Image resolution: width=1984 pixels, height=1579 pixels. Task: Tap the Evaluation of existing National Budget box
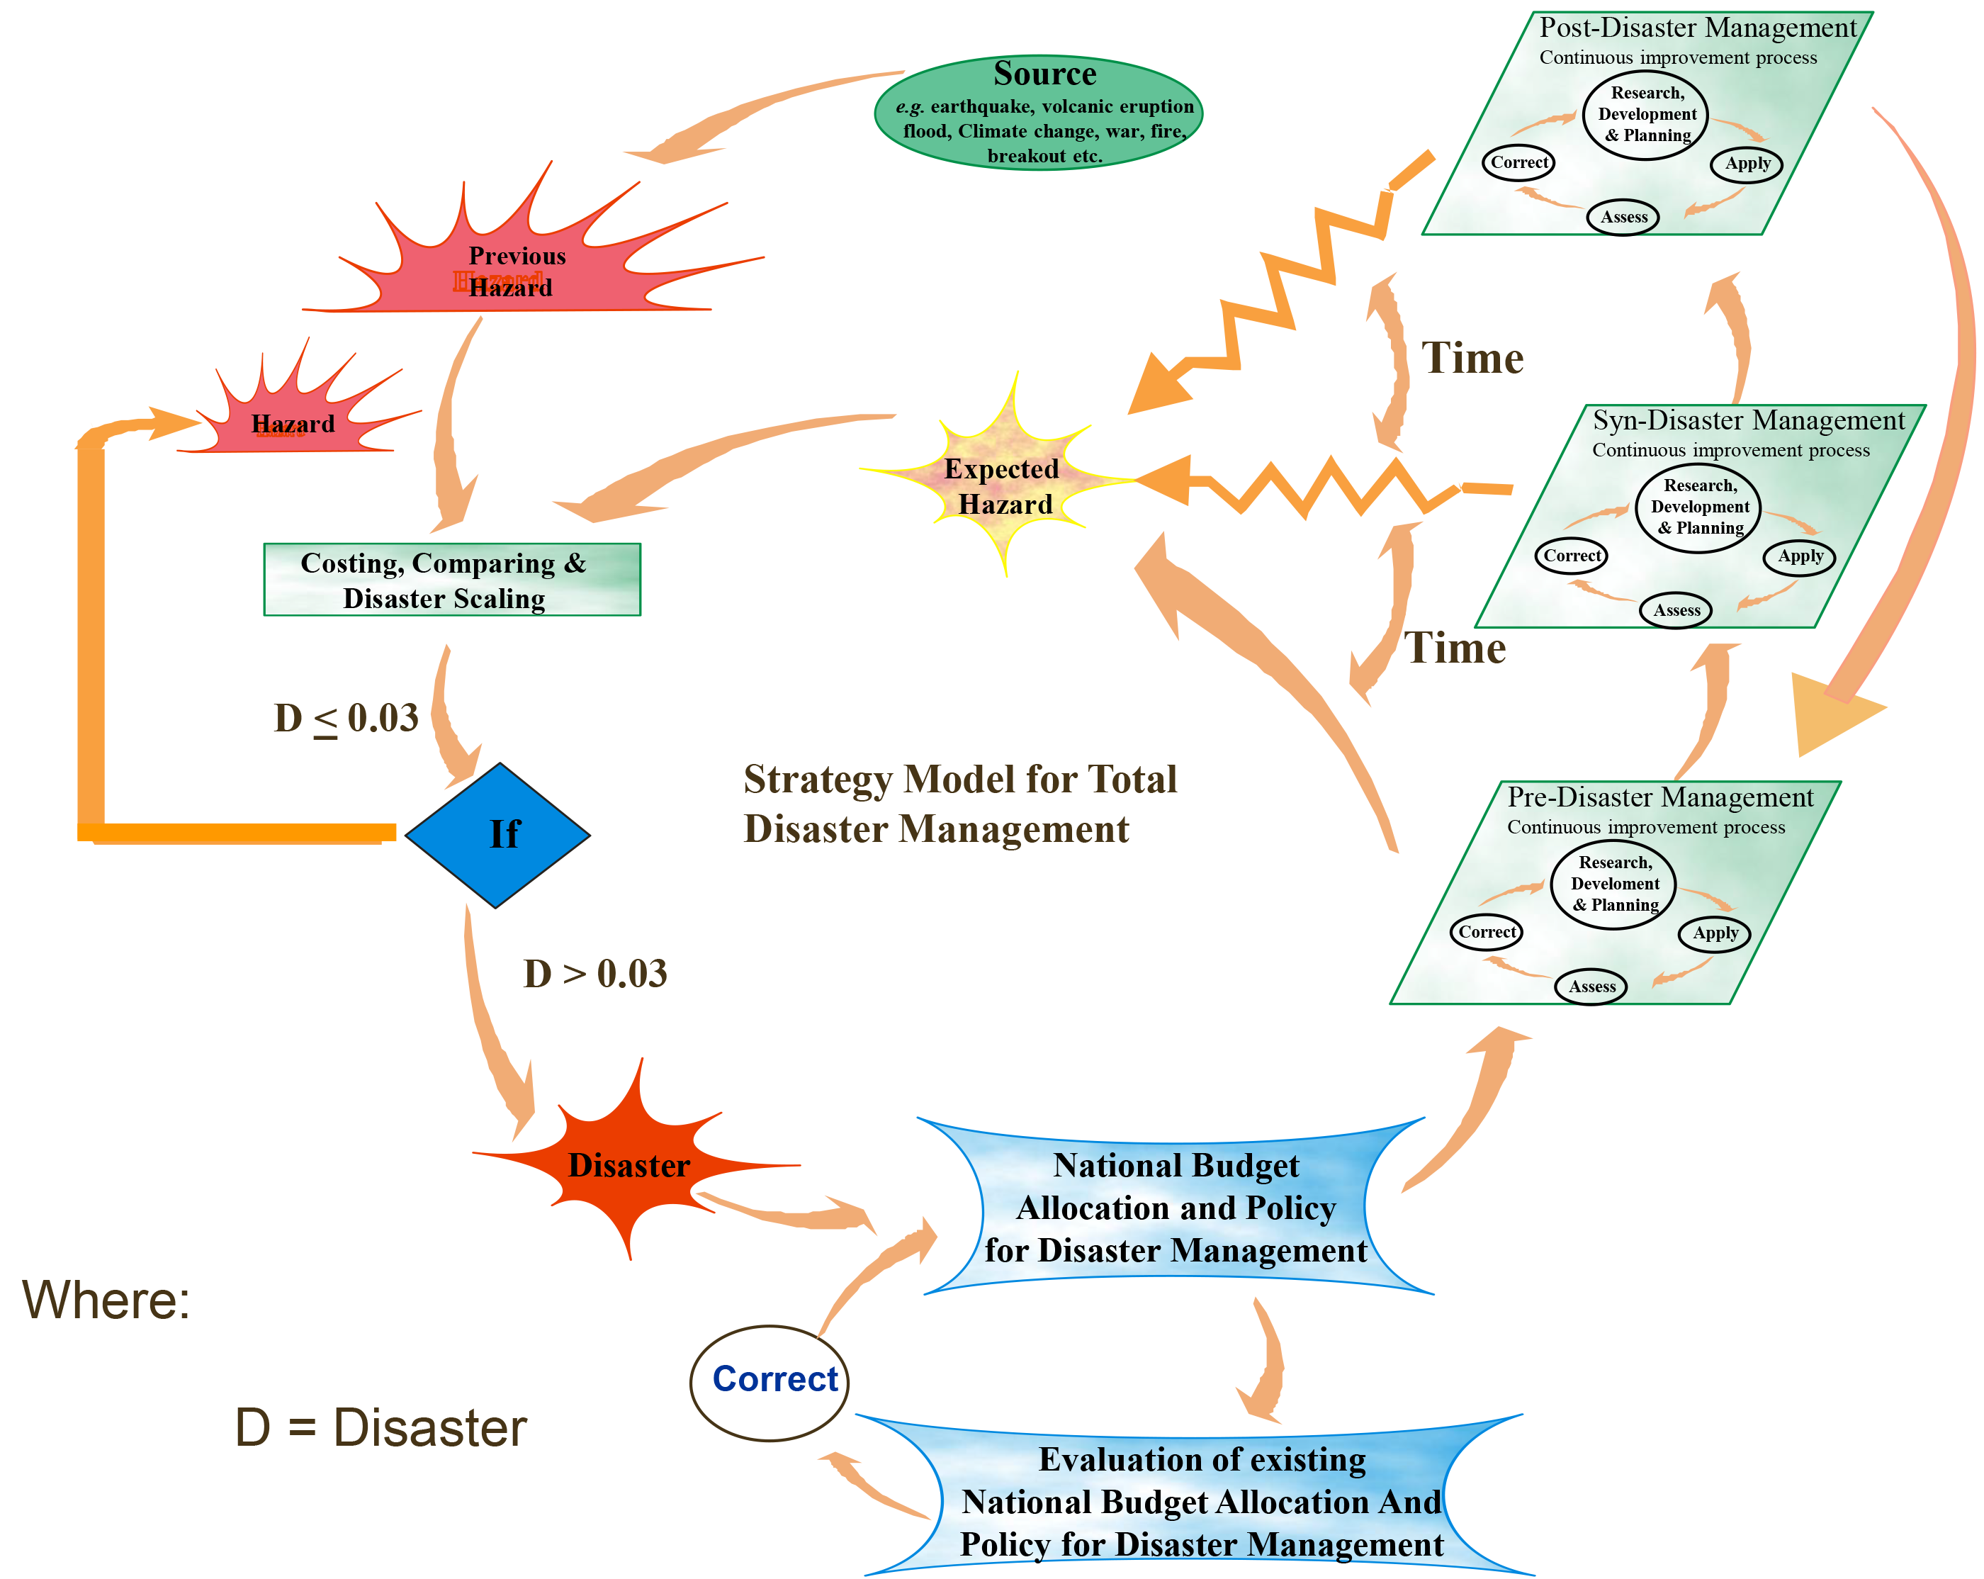[x=1200, y=1501]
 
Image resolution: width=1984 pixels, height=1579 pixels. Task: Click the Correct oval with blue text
[x=770, y=1382]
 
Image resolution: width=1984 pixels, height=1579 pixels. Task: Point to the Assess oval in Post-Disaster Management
[x=1623, y=217]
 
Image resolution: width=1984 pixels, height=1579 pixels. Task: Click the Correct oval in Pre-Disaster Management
[x=1486, y=931]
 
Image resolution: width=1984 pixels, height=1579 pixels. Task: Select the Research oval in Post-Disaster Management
[x=1646, y=114]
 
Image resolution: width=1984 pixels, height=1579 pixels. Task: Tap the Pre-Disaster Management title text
[x=1659, y=797]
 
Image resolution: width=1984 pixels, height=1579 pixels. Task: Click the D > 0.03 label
[x=595, y=972]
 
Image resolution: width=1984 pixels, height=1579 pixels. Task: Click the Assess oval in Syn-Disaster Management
[x=1676, y=610]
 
